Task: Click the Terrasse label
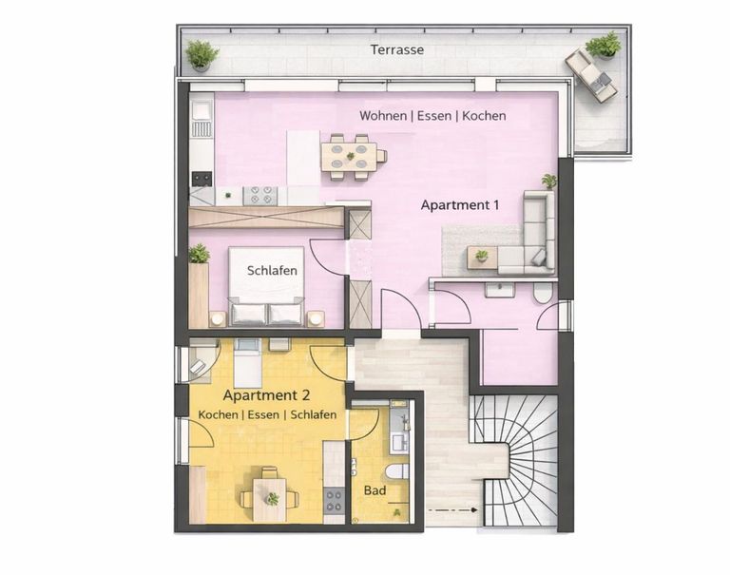(397, 49)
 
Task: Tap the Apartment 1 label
(460, 204)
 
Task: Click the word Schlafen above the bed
(272, 271)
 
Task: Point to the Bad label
(375, 491)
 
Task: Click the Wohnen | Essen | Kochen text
(432, 116)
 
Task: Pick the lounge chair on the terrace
(590, 74)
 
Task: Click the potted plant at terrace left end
(201, 54)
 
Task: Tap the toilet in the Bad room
(397, 471)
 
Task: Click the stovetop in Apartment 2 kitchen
(335, 500)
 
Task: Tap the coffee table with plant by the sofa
(482, 257)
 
